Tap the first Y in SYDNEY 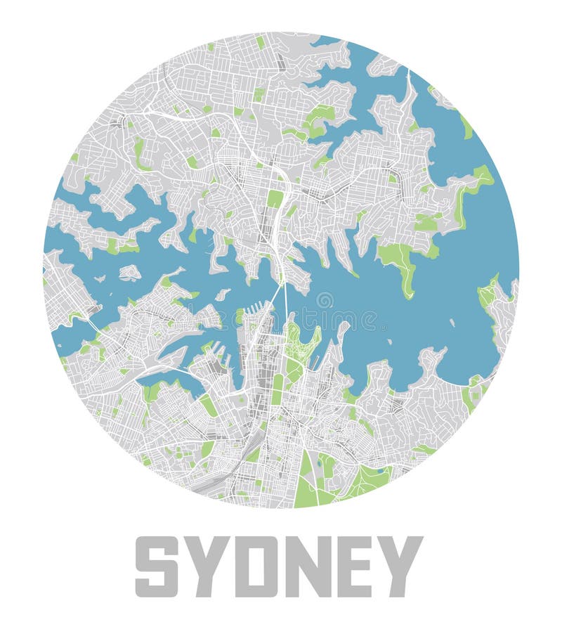(207, 566)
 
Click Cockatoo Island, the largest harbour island (129, 272)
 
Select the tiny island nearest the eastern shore (452, 323)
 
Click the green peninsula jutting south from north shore (400, 260)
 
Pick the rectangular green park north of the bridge (275, 198)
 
